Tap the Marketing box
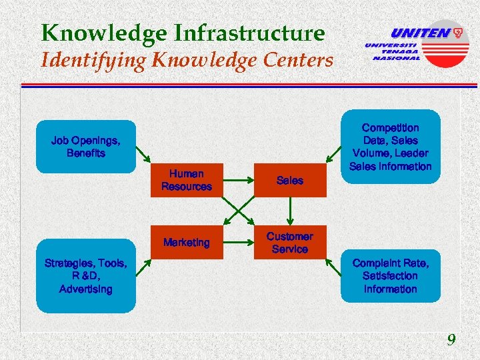point(186,243)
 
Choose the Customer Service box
point(289,243)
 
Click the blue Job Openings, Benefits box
point(86,147)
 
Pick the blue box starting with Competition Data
point(391,147)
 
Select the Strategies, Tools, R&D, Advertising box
point(86,277)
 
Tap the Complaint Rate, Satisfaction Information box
point(391,277)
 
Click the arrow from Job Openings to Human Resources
point(144,155)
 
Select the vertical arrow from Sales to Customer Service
point(289,211)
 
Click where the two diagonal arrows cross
point(238,211)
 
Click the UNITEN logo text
point(420,33)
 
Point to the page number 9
point(451,341)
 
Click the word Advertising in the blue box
point(86,289)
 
